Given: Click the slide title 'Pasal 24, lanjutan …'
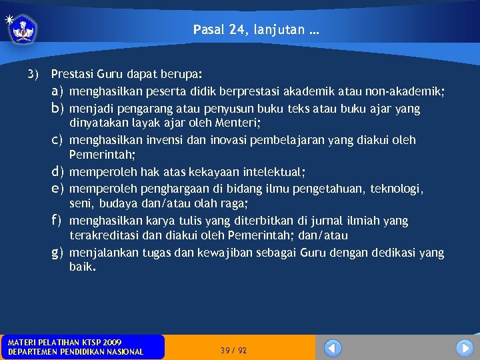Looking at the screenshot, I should click(255, 29).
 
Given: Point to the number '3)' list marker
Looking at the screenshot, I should click(33, 73).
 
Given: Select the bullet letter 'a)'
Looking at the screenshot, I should click(57, 91).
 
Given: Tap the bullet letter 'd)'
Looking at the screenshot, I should click(57, 172).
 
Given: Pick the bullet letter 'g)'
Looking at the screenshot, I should click(57, 253).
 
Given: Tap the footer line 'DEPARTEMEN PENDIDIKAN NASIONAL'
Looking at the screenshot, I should click(75, 352).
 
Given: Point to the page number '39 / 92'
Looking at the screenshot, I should click(233, 351).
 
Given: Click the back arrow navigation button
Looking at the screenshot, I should click(332, 348).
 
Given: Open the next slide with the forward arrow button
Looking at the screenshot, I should click(465, 348).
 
